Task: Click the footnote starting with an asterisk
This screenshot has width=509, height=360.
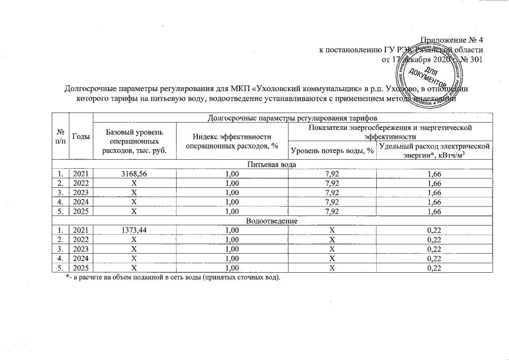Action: [x=173, y=278]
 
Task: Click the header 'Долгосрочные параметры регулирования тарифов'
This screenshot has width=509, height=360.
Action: [x=292, y=119]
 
